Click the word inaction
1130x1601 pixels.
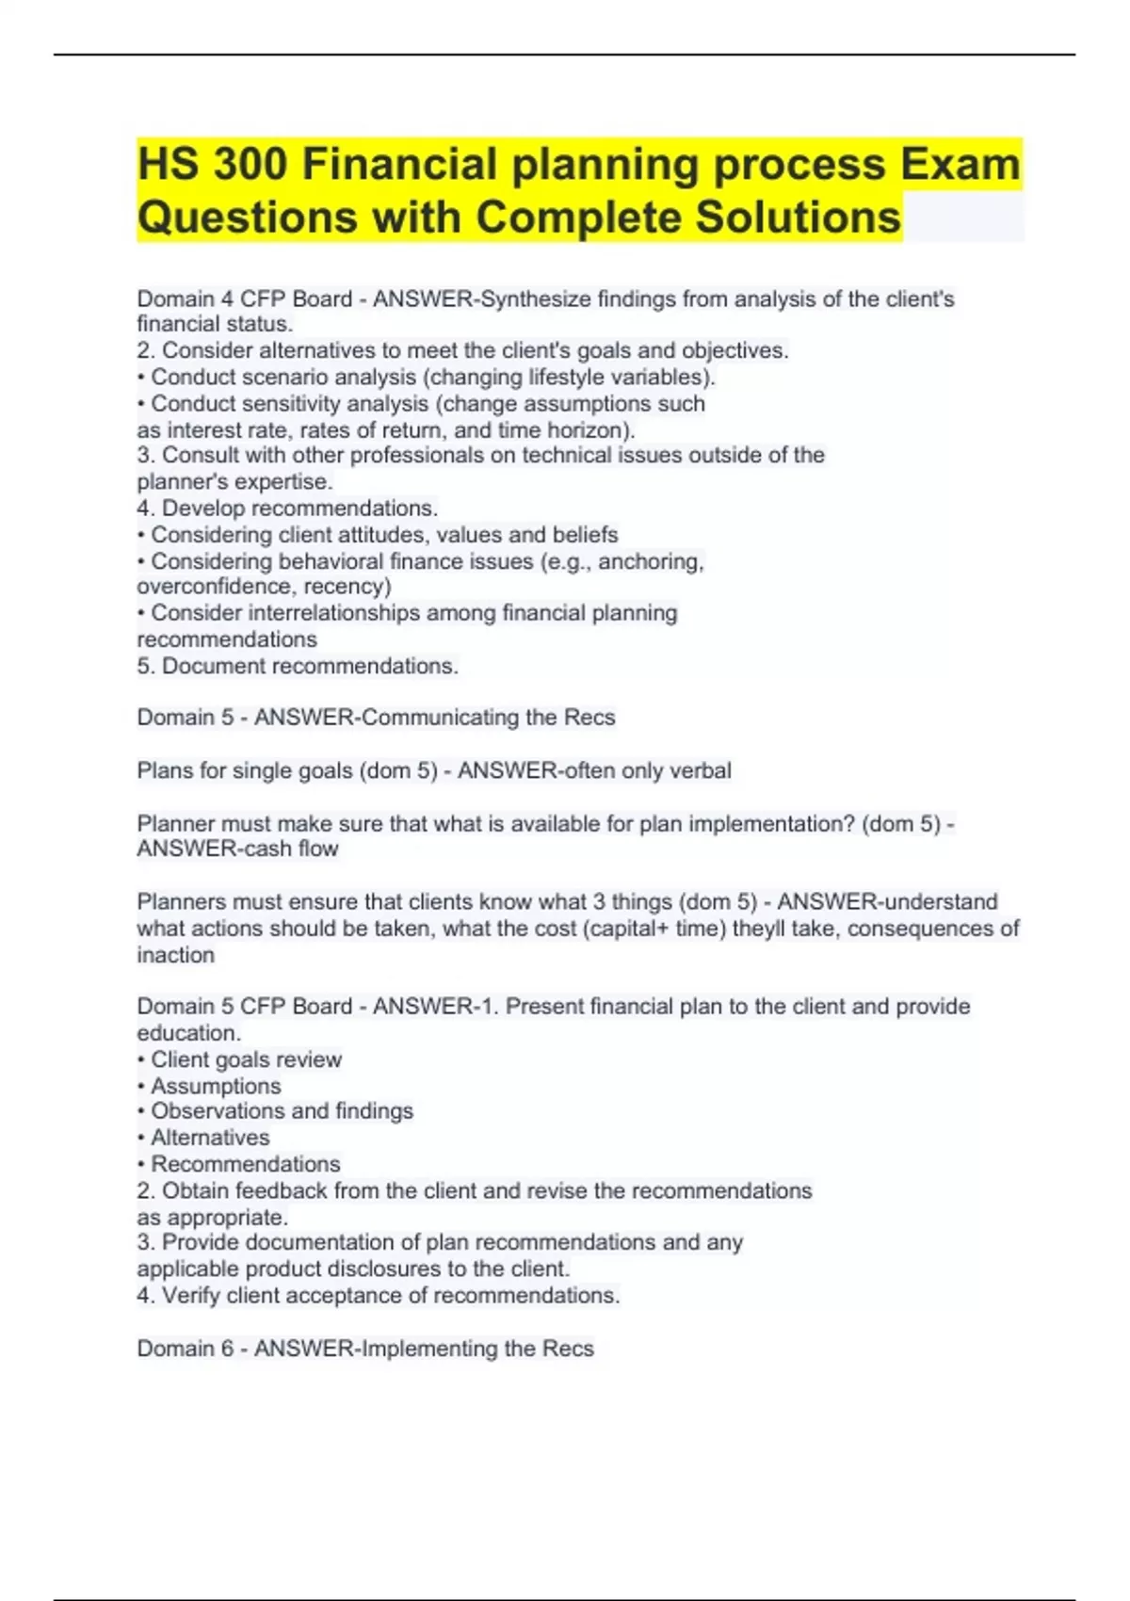click(x=176, y=955)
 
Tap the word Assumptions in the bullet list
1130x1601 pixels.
click(x=216, y=1087)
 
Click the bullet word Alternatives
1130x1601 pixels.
click(x=210, y=1138)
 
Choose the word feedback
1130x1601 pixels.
click(x=280, y=1191)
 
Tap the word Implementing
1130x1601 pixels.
click(x=429, y=1349)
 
